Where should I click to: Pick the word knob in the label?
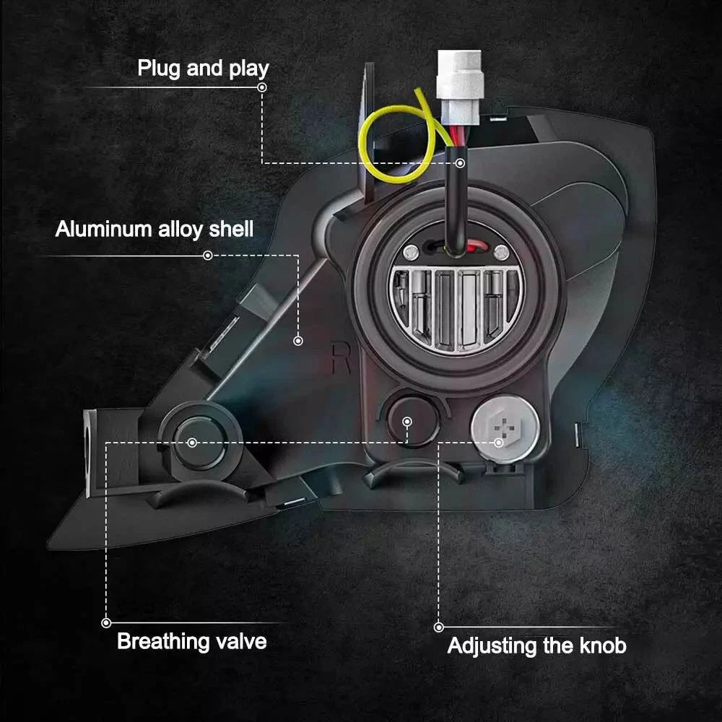[x=601, y=645]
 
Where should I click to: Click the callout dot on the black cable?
[x=460, y=162]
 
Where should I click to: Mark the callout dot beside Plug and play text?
[x=261, y=87]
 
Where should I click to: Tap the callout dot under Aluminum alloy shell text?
[x=208, y=255]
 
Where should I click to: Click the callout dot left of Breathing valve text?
[x=106, y=622]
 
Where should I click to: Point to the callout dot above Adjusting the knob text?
[x=438, y=627]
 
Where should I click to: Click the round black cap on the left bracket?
[x=192, y=441]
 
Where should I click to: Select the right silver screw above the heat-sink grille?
[x=500, y=251]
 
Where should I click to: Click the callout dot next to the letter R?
[x=298, y=339]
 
